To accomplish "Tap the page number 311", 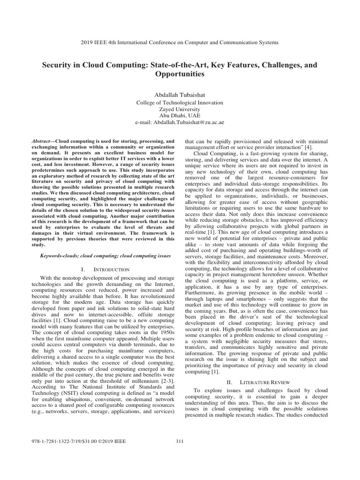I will [x=180, y=441].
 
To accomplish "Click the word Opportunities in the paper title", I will [x=180, y=74].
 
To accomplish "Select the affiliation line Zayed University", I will [x=180, y=109].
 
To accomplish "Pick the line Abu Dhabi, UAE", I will [x=180, y=115].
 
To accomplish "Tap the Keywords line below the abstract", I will [x=105, y=256].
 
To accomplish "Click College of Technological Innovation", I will [x=180, y=102].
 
